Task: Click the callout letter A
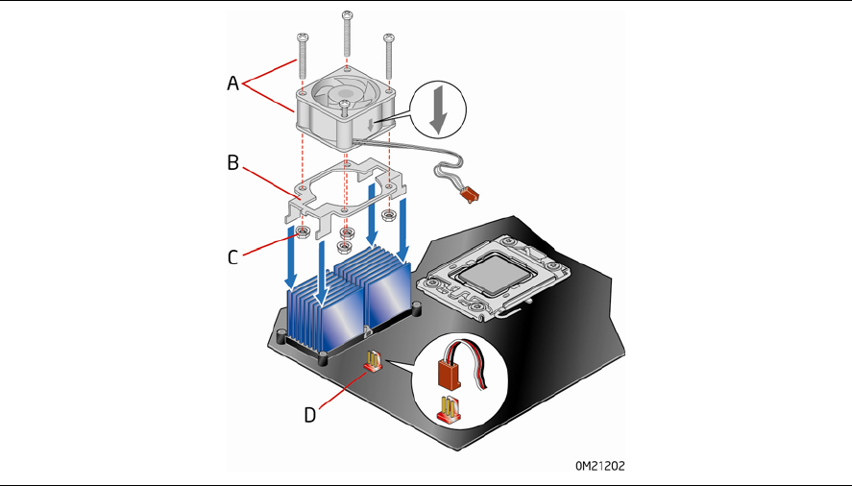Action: click(232, 84)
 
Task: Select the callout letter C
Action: click(232, 256)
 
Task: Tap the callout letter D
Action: click(310, 414)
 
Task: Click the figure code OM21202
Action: click(601, 467)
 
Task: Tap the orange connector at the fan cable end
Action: click(468, 196)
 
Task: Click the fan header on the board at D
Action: click(371, 362)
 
